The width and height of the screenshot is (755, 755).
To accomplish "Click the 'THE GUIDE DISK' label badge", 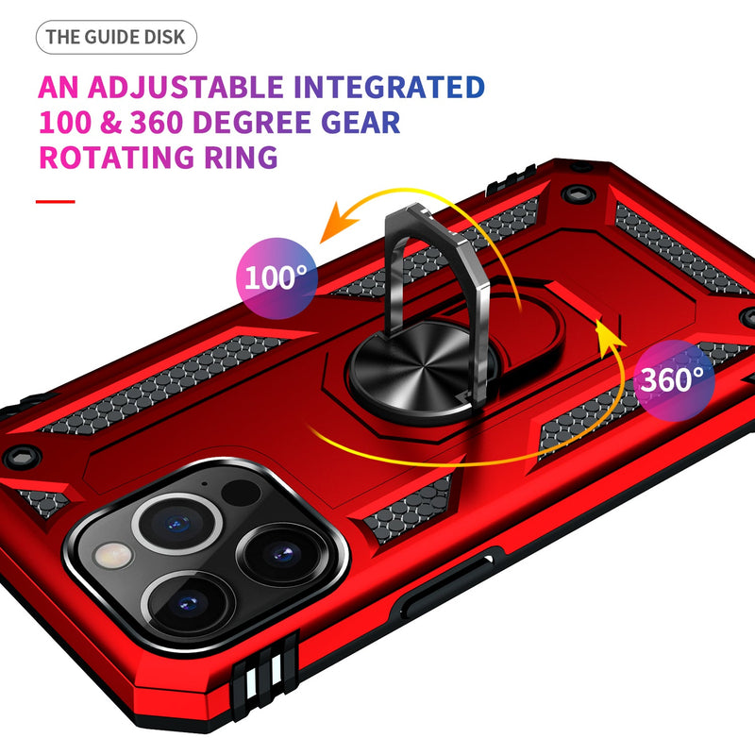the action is pos(116,37).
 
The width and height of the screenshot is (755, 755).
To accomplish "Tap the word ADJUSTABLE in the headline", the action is pos(185,87).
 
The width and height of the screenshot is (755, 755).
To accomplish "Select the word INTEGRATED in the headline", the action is pos(389,87).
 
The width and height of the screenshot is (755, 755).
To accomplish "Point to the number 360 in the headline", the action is pos(157,123).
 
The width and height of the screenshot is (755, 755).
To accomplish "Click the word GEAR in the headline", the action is pos(361,123).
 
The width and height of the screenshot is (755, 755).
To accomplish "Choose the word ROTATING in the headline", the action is pos(116,158).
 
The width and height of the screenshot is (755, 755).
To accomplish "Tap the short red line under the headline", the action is pos(56,202).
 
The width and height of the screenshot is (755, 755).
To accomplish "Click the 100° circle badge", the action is pos(277,278).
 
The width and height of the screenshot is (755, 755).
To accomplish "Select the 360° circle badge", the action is pos(673,380).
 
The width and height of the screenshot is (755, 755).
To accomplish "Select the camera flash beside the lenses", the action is pos(113,556).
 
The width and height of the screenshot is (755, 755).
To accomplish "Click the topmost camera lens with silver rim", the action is pos(177,524).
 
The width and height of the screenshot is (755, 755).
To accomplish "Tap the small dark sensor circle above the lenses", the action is pos(241,493).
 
